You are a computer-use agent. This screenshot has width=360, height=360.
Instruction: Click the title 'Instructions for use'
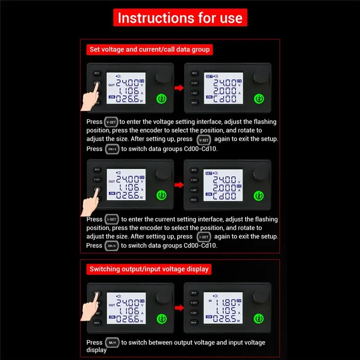(180, 18)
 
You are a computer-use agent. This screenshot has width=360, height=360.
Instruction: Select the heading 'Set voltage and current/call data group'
(149, 49)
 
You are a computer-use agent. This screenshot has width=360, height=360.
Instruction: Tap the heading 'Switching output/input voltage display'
(149, 269)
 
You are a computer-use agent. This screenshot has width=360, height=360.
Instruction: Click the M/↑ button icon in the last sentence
(112, 342)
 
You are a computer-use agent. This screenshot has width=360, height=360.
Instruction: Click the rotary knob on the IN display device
(259, 296)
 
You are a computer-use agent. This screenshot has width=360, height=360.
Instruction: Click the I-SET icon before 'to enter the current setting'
(112, 220)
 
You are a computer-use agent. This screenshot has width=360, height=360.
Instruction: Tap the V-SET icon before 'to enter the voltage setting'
(111, 122)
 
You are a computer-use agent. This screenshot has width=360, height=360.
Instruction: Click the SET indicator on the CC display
(209, 173)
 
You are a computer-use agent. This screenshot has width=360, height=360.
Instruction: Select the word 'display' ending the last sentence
(97, 350)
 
